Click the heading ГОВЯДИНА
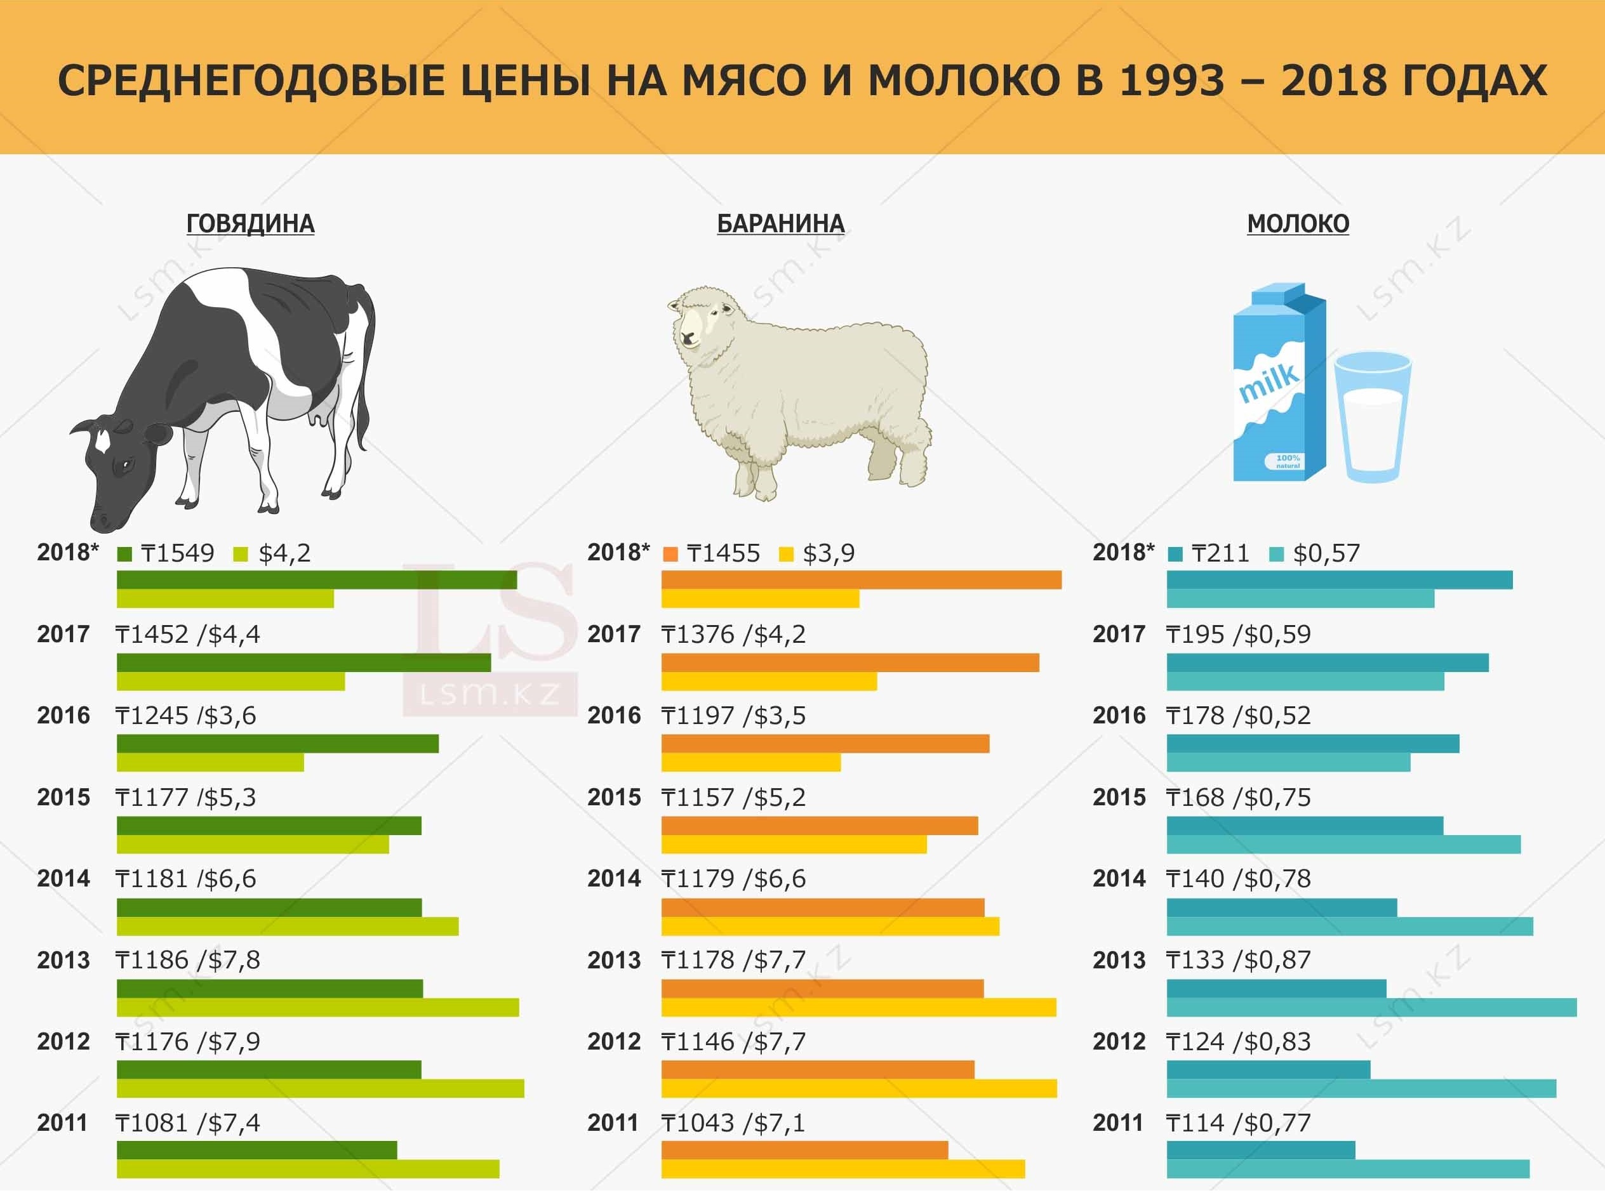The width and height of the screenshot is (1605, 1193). pos(250,224)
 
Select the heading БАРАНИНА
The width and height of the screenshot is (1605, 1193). pos(780,224)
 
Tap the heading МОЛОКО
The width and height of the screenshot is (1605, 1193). pos(1297,224)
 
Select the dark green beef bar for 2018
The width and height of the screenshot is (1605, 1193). pos(316,580)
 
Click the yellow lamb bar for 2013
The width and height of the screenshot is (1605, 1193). pos(858,1008)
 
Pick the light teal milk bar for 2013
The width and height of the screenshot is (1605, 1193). pos(1371,1008)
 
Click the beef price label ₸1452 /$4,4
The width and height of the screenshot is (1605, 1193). pos(188,634)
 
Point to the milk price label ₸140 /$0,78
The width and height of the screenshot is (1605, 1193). pos(1238,879)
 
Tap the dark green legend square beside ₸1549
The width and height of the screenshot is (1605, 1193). pos(124,555)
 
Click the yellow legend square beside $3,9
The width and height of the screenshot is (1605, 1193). pos(786,555)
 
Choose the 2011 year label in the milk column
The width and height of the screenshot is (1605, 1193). pos(1117,1123)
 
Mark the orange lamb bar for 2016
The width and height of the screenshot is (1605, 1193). pos(825,744)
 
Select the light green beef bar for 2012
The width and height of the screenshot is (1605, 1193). pos(320,1088)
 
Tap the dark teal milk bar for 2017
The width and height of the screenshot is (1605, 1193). pos(1327,662)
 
